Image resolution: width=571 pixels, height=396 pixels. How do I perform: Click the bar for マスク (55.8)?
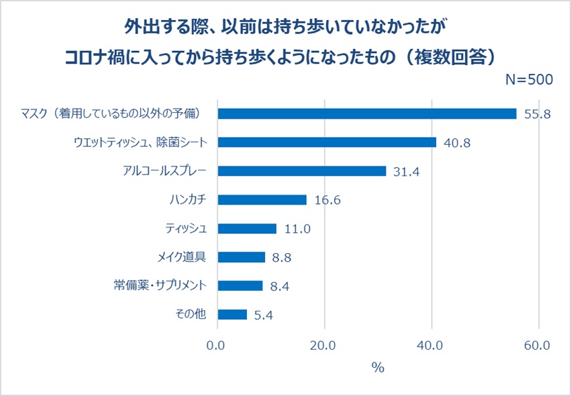click(367, 113)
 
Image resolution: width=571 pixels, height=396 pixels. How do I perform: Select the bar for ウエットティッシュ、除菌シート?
click(327, 142)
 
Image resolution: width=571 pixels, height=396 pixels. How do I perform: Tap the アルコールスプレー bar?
click(302, 171)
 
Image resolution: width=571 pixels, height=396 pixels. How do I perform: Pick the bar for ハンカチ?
click(262, 200)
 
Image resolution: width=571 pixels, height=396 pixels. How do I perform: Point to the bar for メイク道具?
click(242, 257)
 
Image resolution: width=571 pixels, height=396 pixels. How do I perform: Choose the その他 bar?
click(232, 314)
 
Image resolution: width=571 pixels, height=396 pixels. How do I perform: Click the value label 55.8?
click(537, 114)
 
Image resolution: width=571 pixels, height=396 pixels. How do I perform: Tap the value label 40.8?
click(456, 143)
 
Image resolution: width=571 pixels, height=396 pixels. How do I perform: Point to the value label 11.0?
click(297, 229)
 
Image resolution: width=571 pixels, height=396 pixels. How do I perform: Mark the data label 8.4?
click(278, 286)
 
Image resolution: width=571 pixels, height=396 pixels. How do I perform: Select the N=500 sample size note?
click(529, 79)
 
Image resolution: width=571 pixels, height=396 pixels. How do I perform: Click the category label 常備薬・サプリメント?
click(160, 286)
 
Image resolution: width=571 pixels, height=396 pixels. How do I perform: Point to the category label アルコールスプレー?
click(165, 171)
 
